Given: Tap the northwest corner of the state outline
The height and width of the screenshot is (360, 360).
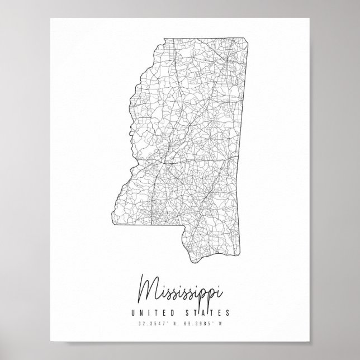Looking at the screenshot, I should pyautogui.click(x=162, y=39).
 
